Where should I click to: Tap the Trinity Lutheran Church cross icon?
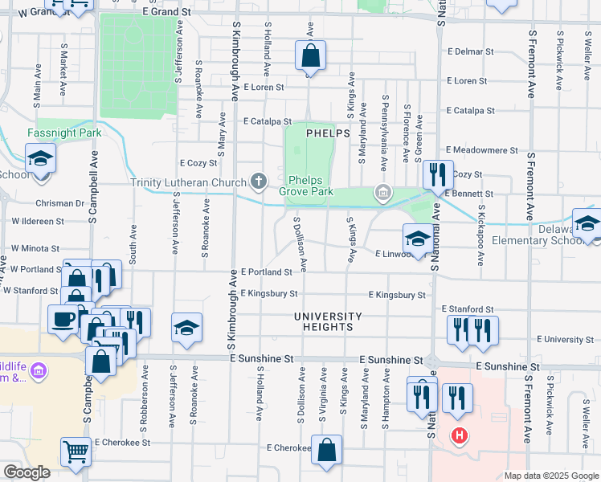click(259, 181)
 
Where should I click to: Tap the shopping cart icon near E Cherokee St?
click(76, 451)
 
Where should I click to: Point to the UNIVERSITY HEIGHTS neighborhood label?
click(328, 321)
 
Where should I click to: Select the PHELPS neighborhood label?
click(327, 133)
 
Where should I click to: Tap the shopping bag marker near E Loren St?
click(311, 56)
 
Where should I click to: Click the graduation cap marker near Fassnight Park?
click(40, 158)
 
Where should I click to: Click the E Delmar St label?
click(470, 51)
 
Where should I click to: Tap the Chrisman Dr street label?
click(60, 203)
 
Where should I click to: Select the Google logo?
click(27, 472)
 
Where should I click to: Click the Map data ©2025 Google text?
click(550, 476)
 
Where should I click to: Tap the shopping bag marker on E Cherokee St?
click(327, 451)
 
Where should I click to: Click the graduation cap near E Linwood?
click(417, 237)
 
